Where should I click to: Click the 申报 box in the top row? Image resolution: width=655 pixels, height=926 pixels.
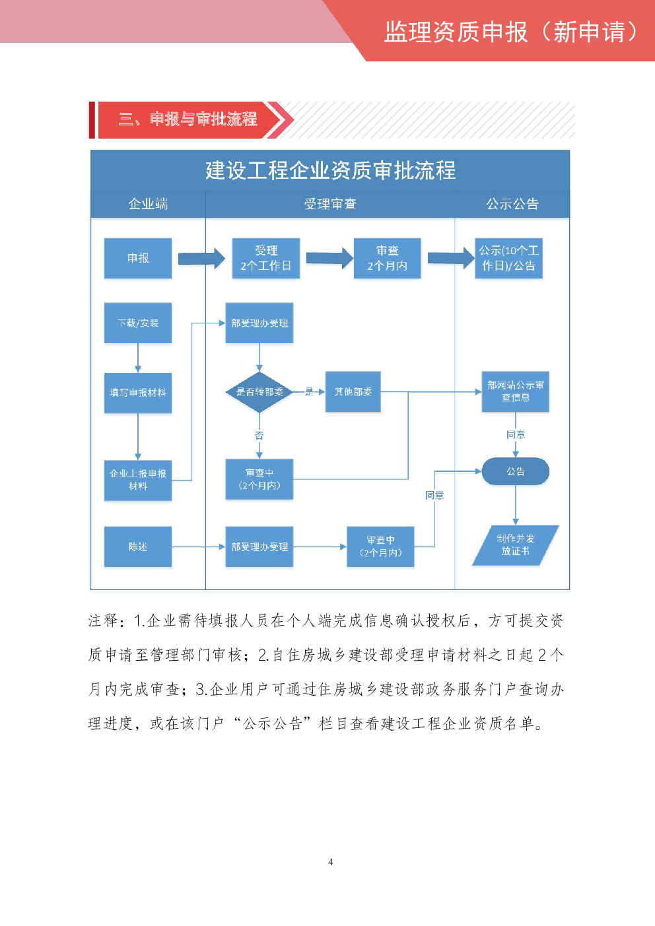coord(138,258)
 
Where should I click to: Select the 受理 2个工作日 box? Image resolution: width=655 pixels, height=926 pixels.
coord(266,258)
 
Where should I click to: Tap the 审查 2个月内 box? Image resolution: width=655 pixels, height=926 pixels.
coord(388,258)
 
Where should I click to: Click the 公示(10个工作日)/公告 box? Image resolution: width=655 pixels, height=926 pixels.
coord(509,258)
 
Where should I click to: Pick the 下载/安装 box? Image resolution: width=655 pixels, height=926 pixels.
coord(138,323)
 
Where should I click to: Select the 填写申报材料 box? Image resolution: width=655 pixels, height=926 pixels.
coord(138,393)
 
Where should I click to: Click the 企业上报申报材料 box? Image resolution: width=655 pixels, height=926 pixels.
coord(138,480)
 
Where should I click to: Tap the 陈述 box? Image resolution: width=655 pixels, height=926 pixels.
coord(138,546)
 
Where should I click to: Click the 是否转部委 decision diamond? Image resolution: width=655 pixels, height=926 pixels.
coord(259,392)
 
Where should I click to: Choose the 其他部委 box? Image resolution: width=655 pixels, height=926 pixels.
coord(353,392)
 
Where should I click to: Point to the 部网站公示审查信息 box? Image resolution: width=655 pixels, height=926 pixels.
coord(516,391)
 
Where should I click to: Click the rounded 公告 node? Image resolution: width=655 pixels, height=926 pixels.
coord(516,471)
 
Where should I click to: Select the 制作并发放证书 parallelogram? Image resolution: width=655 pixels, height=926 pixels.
coord(516,545)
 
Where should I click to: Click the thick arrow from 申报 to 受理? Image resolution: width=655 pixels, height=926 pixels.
coord(201,258)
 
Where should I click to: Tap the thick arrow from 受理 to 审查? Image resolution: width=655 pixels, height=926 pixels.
coord(329,258)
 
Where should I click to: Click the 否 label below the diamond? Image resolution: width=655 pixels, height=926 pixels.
coord(259,436)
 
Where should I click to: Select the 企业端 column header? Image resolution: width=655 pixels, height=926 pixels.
coord(148,204)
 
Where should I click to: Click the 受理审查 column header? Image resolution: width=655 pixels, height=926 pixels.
coord(330,204)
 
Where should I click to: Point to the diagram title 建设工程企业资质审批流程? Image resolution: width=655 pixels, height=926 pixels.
coord(330,170)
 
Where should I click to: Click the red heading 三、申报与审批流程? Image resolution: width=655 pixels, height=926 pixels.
coord(188,119)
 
